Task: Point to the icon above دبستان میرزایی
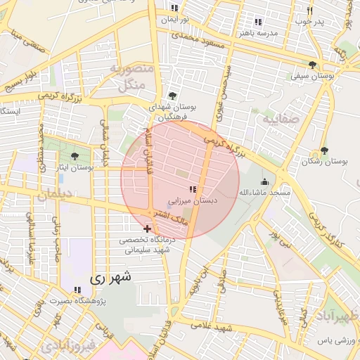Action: (x=193, y=188)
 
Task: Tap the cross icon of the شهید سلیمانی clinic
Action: (x=146, y=228)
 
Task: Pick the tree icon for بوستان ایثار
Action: (x=75, y=156)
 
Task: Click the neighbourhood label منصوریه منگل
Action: (x=127, y=77)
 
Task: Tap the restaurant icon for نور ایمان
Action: (x=174, y=8)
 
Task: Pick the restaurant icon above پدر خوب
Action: (x=309, y=11)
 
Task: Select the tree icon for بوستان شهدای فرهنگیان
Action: (x=173, y=96)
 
